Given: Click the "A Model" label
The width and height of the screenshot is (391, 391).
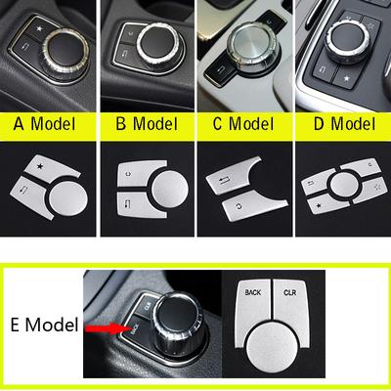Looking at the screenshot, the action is pos(44,124).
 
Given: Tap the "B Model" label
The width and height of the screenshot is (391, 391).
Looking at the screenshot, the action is pos(147,124).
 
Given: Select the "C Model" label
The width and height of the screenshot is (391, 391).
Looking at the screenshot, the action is pos(243,124).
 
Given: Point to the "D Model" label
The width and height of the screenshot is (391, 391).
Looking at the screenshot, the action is pos(344,124).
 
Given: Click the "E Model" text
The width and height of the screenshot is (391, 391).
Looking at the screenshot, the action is pos(44,325).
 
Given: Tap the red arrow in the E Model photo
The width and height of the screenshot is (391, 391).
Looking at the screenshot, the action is pos(105,328).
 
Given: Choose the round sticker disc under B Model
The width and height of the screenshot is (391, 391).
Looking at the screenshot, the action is pos(170,190).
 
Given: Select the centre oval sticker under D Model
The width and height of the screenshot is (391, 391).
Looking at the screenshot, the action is pos(342,184).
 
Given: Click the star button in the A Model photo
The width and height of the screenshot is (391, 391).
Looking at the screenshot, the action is pos(38,28).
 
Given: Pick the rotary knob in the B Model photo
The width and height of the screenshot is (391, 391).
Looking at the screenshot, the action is pos(158,43).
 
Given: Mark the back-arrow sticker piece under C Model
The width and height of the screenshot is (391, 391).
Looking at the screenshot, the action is pos(227,181).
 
